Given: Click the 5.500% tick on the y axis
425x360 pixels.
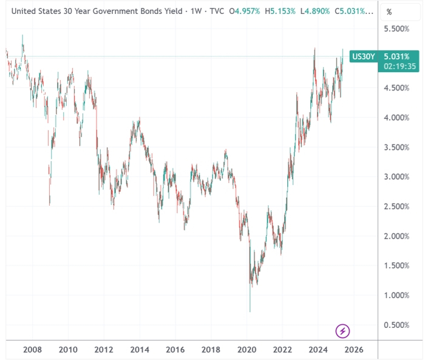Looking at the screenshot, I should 398,29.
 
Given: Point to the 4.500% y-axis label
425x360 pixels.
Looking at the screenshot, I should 398,88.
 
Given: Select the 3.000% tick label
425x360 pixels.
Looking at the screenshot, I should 398,177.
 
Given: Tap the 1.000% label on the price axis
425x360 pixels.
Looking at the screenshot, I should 398,296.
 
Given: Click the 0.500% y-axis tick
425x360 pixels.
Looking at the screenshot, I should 398,325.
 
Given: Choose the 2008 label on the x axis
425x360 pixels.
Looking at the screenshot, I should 32,350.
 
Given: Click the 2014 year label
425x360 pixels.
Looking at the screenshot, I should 140,350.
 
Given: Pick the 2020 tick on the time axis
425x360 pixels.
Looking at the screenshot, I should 247,350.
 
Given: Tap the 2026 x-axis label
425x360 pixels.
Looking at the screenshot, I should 355,350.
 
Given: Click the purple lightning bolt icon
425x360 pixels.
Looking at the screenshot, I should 343,331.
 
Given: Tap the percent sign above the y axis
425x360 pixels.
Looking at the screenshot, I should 389,12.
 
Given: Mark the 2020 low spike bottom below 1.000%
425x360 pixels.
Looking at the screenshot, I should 250,311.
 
